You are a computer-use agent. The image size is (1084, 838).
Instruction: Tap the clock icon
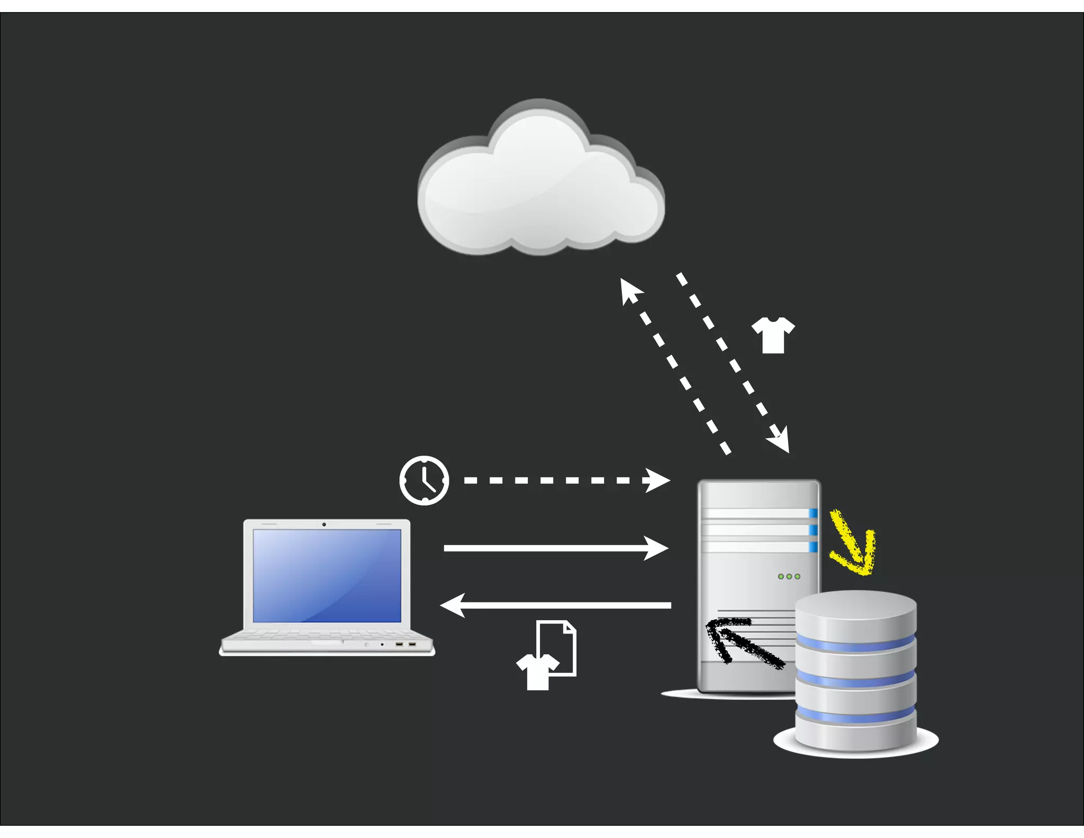[424, 480]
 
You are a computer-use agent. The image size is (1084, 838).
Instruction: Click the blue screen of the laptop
[327, 575]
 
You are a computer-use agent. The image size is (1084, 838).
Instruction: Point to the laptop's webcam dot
[324, 524]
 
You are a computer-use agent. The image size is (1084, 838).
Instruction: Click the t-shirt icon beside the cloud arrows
[773, 335]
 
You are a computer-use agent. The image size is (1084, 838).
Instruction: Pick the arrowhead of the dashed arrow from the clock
[658, 480]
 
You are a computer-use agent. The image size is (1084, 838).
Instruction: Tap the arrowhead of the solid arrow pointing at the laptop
[453, 605]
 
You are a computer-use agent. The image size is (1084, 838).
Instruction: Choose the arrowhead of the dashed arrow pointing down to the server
[781, 440]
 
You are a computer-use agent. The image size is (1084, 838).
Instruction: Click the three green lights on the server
[789, 576]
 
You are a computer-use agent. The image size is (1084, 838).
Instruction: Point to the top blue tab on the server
[813, 513]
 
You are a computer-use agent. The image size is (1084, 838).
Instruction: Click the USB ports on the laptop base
[405, 644]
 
